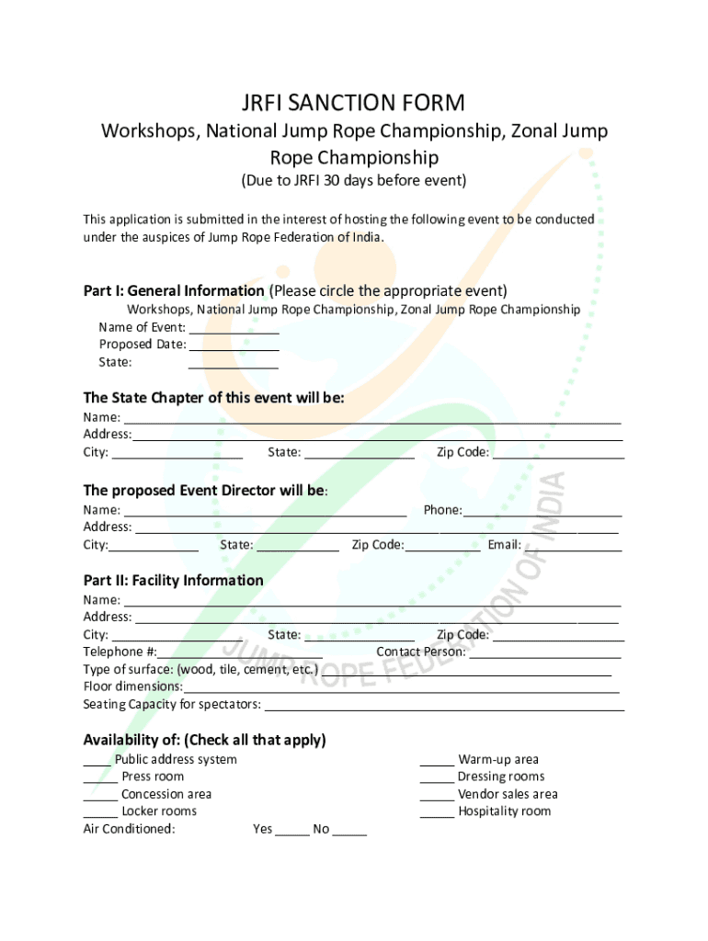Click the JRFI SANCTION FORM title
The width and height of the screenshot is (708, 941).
point(354,102)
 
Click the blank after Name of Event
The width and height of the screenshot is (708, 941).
point(234,329)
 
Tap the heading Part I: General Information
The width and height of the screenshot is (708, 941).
point(174,291)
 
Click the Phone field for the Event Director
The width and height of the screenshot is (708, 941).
point(542,511)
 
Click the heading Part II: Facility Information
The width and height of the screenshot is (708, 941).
point(173,581)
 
